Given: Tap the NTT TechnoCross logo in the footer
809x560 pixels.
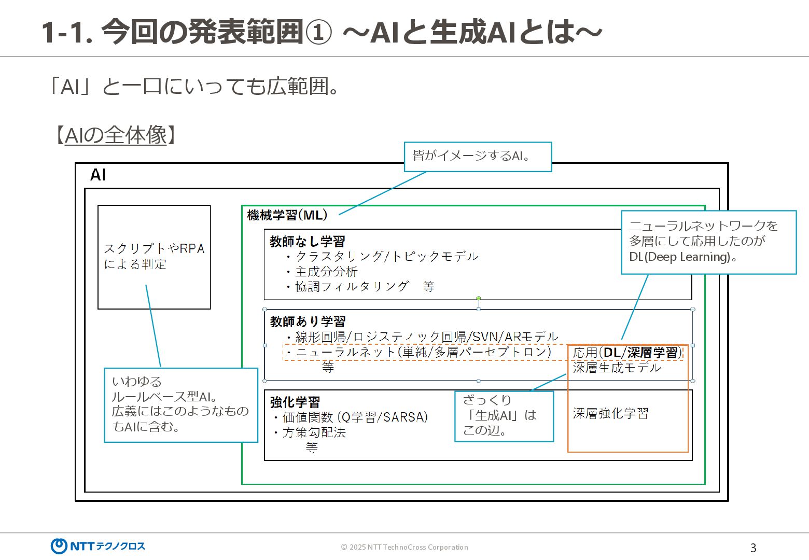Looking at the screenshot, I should tap(98, 546).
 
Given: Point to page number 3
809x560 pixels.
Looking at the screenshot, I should tap(753, 548).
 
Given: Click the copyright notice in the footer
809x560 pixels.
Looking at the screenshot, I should tap(404, 547).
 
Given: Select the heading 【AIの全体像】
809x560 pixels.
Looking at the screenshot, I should tap(115, 135).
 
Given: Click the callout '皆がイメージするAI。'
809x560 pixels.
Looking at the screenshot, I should tap(478, 156).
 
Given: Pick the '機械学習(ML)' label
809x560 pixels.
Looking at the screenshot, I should tap(287, 215).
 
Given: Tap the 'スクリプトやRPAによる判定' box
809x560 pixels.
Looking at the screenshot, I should tap(154, 257).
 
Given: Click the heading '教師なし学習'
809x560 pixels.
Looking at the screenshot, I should tap(307, 241).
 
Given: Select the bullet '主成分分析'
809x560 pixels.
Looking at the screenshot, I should tap(326, 271).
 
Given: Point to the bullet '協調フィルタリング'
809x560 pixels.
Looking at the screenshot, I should tap(352, 286).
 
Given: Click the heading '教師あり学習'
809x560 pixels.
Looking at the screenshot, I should tap(307, 321).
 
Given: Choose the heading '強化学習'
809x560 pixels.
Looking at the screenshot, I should tap(295, 402).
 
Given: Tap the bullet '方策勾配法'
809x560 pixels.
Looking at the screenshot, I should tap(314, 432).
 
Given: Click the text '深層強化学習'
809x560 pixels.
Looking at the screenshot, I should tap(610, 413).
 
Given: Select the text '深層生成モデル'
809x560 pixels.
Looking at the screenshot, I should tap(617, 368).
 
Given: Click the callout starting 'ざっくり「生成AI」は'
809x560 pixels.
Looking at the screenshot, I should tap(504, 416).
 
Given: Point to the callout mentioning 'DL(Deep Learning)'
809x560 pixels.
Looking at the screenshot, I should tap(708, 242).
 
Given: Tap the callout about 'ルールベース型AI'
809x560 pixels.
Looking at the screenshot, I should tap(180, 404).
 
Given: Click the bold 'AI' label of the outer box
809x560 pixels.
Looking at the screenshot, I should tap(98, 175).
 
